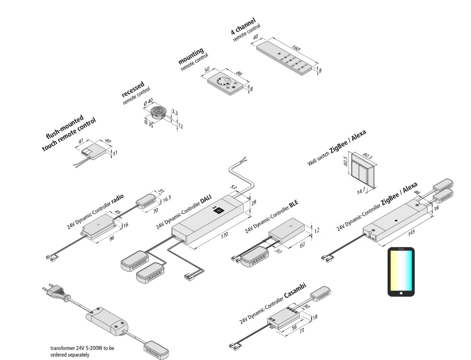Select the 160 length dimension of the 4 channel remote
[296, 49]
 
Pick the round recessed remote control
[157, 112]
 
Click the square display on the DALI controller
[220, 209]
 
